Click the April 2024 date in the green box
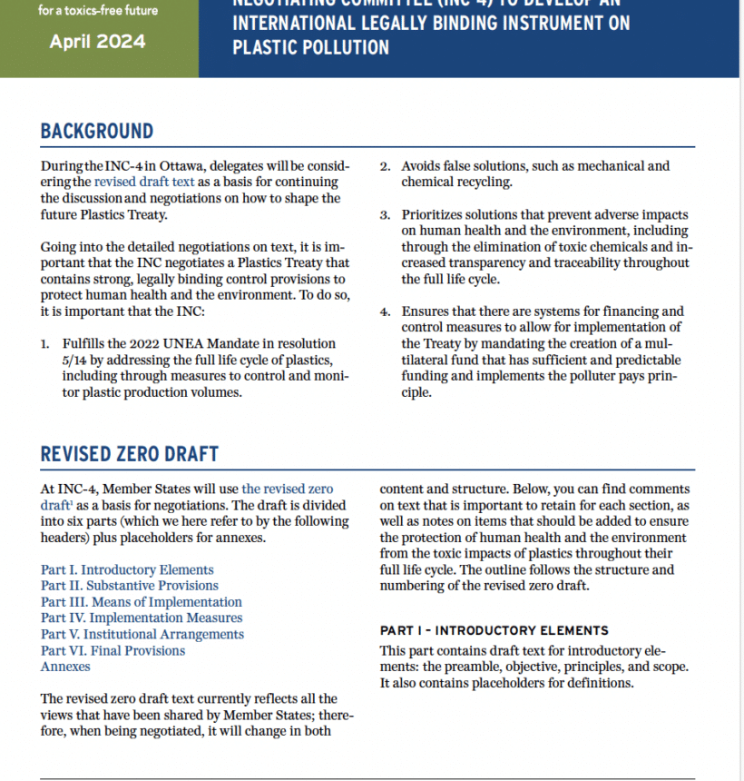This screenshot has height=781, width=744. (97, 42)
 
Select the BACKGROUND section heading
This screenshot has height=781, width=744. (97, 131)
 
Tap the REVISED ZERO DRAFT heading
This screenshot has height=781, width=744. (130, 453)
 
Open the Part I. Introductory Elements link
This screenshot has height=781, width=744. (127, 569)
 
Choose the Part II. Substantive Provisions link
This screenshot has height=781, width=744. (130, 586)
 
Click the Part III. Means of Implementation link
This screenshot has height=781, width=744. (142, 602)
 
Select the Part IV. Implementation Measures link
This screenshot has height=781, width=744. (141, 618)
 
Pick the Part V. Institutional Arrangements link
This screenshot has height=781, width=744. (142, 634)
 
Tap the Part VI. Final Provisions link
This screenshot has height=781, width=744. (113, 650)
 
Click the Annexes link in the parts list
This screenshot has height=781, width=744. (65, 667)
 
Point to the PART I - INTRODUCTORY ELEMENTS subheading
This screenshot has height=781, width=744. (494, 630)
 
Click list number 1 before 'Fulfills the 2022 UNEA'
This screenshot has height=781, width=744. (44, 344)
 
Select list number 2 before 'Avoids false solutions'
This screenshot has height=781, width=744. (385, 166)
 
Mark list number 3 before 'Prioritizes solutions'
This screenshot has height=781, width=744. (385, 215)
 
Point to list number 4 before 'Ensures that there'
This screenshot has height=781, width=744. (385, 312)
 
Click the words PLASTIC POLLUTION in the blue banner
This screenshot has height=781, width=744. (310, 46)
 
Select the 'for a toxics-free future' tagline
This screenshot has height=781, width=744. (97, 11)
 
